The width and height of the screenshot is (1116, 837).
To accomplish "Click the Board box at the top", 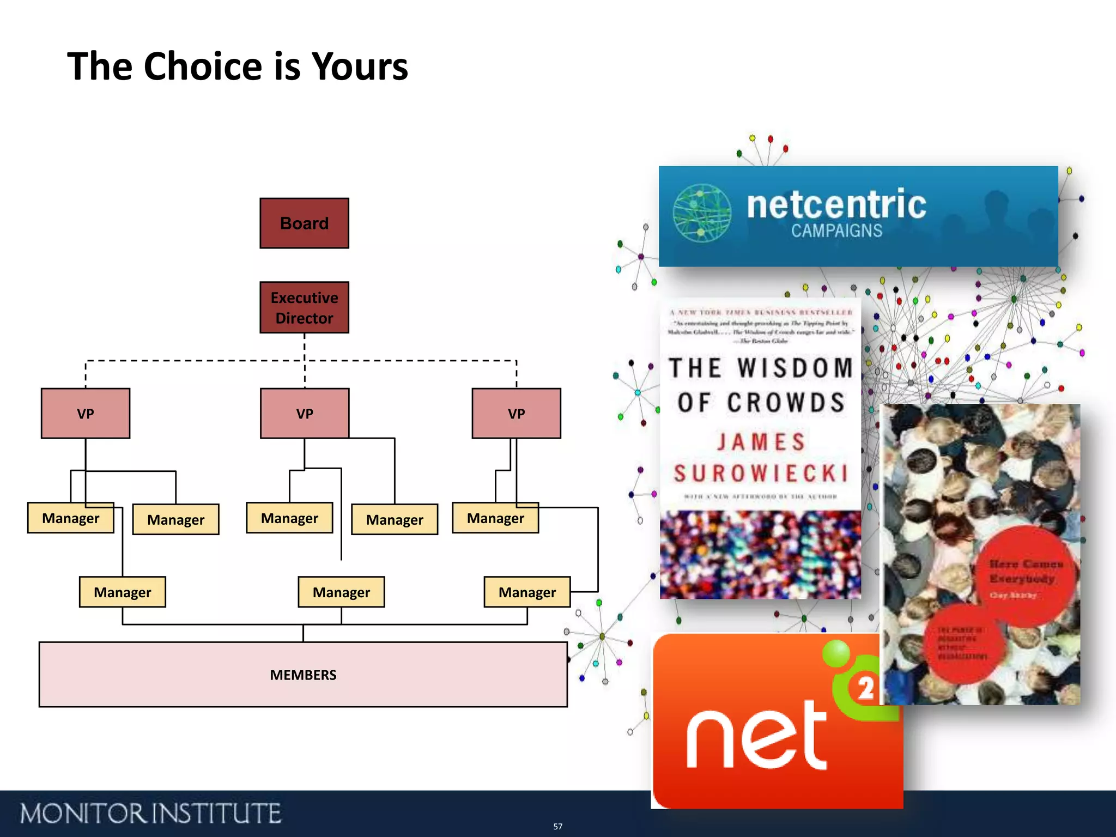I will tap(304, 223).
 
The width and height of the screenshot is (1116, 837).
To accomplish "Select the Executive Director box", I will tap(304, 307).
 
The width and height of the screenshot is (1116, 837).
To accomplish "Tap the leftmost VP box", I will tap(86, 414).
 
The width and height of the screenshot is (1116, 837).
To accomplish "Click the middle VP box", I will tap(305, 414).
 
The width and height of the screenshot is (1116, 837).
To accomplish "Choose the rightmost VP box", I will tap(516, 414).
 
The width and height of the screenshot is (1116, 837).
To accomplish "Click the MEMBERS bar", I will tap(303, 675).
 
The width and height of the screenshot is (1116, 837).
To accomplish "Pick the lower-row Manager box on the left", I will tap(123, 592).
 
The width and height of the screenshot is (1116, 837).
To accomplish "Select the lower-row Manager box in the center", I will tap(341, 592).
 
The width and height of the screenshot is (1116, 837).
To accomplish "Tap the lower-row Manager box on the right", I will tap(527, 592).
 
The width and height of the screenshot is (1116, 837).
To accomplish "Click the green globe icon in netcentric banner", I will tap(702, 213).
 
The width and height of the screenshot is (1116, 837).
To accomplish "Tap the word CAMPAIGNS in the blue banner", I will tap(836, 231).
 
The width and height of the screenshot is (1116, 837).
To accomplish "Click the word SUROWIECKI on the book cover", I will tap(761, 473).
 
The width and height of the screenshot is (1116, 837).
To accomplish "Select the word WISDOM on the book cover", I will tap(795, 368).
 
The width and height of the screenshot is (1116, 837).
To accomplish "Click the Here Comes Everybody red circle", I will tap(1024, 575).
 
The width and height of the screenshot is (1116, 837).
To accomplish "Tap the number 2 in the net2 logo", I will tap(865, 688).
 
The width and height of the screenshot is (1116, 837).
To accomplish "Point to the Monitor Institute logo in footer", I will tap(150, 814).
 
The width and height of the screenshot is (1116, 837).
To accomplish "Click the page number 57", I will tap(557, 827).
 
